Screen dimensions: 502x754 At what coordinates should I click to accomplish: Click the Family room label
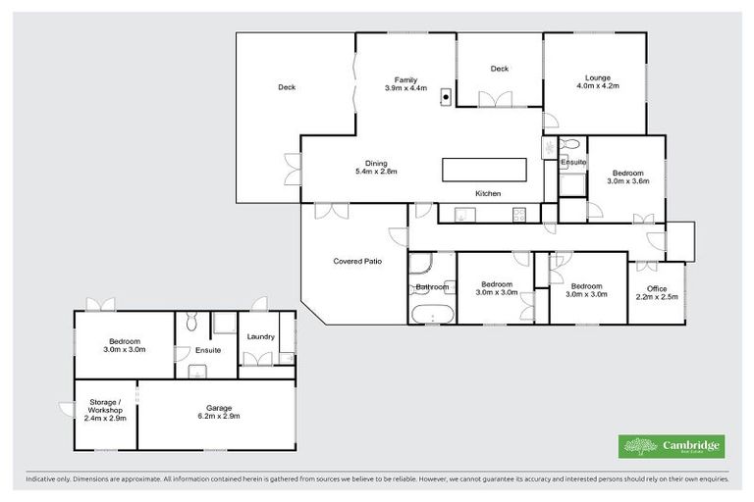pos(406,84)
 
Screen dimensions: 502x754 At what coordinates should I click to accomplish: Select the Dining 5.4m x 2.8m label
pos(376,168)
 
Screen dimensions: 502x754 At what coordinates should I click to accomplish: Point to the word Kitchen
pos(488,194)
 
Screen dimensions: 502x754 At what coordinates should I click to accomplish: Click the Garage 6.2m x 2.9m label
pos(218,412)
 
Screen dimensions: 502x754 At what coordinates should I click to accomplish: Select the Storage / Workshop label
pos(105,412)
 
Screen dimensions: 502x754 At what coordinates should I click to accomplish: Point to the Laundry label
pos(260,337)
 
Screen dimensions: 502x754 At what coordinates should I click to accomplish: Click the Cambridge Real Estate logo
pos(671,446)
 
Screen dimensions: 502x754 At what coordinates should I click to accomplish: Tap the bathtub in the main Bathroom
pos(432,315)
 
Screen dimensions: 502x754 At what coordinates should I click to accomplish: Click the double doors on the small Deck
pos(495,99)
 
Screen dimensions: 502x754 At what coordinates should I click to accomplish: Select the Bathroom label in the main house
pos(431,287)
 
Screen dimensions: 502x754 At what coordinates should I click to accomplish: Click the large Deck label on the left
pos(287,87)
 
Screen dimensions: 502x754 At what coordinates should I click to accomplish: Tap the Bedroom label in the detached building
pos(125,345)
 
